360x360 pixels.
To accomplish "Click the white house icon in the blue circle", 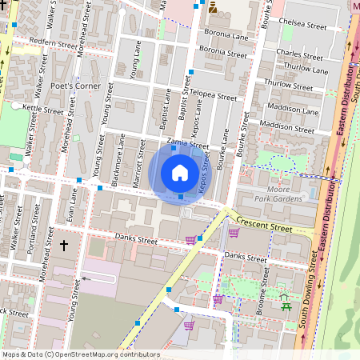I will [x=180, y=172].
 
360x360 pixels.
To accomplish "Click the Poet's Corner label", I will [x=74, y=86].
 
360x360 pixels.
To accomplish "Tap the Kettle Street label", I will [x=42, y=109].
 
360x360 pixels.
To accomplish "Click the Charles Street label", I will [x=299, y=53].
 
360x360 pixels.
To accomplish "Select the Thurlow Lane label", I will [x=306, y=70].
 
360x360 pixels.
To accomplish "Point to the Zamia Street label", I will [x=187, y=146].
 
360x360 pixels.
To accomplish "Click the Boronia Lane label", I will [x=227, y=36].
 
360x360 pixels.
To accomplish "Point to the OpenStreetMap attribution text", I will [x=81, y=354].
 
